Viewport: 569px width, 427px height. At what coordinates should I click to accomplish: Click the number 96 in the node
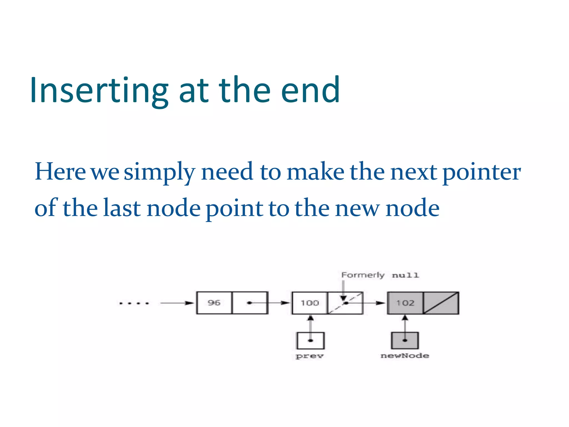point(214,303)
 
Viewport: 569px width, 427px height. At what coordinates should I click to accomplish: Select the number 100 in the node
point(310,303)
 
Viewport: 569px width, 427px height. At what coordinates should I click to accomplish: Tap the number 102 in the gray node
point(405,303)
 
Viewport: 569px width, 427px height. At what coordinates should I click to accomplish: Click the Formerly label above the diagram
point(363,275)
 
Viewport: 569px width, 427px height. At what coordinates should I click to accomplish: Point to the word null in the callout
point(405,275)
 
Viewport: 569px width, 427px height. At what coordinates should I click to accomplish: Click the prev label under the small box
point(310,356)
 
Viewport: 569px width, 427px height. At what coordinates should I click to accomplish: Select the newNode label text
point(405,356)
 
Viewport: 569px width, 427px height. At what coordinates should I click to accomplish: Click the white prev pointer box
point(310,341)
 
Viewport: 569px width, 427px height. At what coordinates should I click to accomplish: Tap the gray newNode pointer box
point(405,341)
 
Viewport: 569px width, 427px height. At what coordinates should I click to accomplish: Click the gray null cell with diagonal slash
point(441,303)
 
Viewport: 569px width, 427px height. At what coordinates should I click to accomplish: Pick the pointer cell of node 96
point(249,303)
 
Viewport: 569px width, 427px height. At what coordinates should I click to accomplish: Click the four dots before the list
point(134,303)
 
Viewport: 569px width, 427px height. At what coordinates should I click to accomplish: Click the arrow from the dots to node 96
point(177,303)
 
